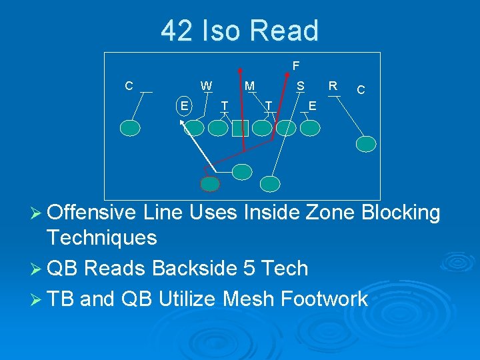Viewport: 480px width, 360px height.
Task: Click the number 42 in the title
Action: (x=177, y=31)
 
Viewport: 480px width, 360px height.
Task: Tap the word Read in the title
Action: (x=284, y=31)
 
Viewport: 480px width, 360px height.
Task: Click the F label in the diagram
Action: (x=295, y=65)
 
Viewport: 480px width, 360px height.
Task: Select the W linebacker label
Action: (x=207, y=85)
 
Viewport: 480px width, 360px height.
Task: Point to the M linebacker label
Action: (x=249, y=85)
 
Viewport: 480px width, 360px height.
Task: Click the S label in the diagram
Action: (x=301, y=85)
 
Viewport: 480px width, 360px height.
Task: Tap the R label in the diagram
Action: (x=333, y=85)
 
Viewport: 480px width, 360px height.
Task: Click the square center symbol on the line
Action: (x=240, y=128)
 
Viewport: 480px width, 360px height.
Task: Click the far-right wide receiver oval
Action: (x=366, y=143)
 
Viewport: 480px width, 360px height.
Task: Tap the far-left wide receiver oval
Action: (x=131, y=127)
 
